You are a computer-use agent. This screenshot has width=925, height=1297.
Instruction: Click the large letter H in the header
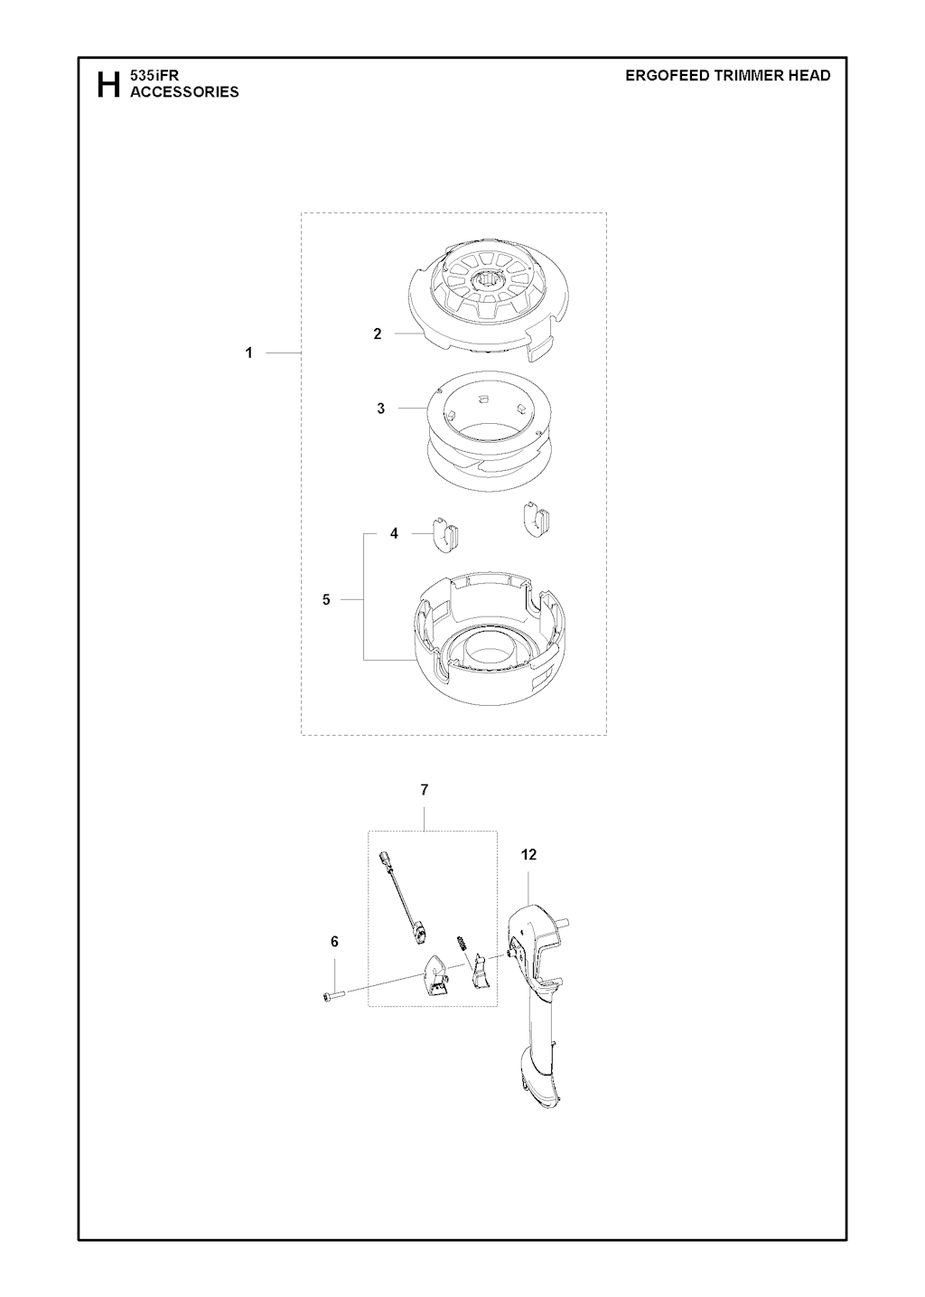pyautogui.click(x=108, y=84)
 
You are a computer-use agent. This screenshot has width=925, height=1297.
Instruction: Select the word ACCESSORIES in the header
pyautogui.click(x=184, y=92)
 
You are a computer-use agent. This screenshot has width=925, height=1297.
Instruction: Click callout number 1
pyautogui.click(x=249, y=352)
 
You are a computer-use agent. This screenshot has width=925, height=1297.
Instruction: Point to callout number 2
pyautogui.click(x=378, y=334)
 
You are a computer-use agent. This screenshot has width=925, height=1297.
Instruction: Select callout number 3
pyautogui.click(x=380, y=409)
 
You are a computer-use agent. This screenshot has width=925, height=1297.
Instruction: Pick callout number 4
pyautogui.click(x=394, y=533)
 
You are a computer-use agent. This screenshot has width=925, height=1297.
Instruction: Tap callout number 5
pyautogui.click(x=326, y=600)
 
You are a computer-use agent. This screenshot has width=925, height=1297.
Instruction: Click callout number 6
pyautogui.click(x=334, y=942)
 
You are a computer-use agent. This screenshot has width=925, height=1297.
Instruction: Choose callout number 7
pyautogui.click(x=425, y=790)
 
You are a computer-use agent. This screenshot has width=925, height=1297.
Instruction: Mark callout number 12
pyautogui.click(x=528, y=855)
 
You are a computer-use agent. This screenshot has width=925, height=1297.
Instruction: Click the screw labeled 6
pyautogui.click(x=332, y=995)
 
